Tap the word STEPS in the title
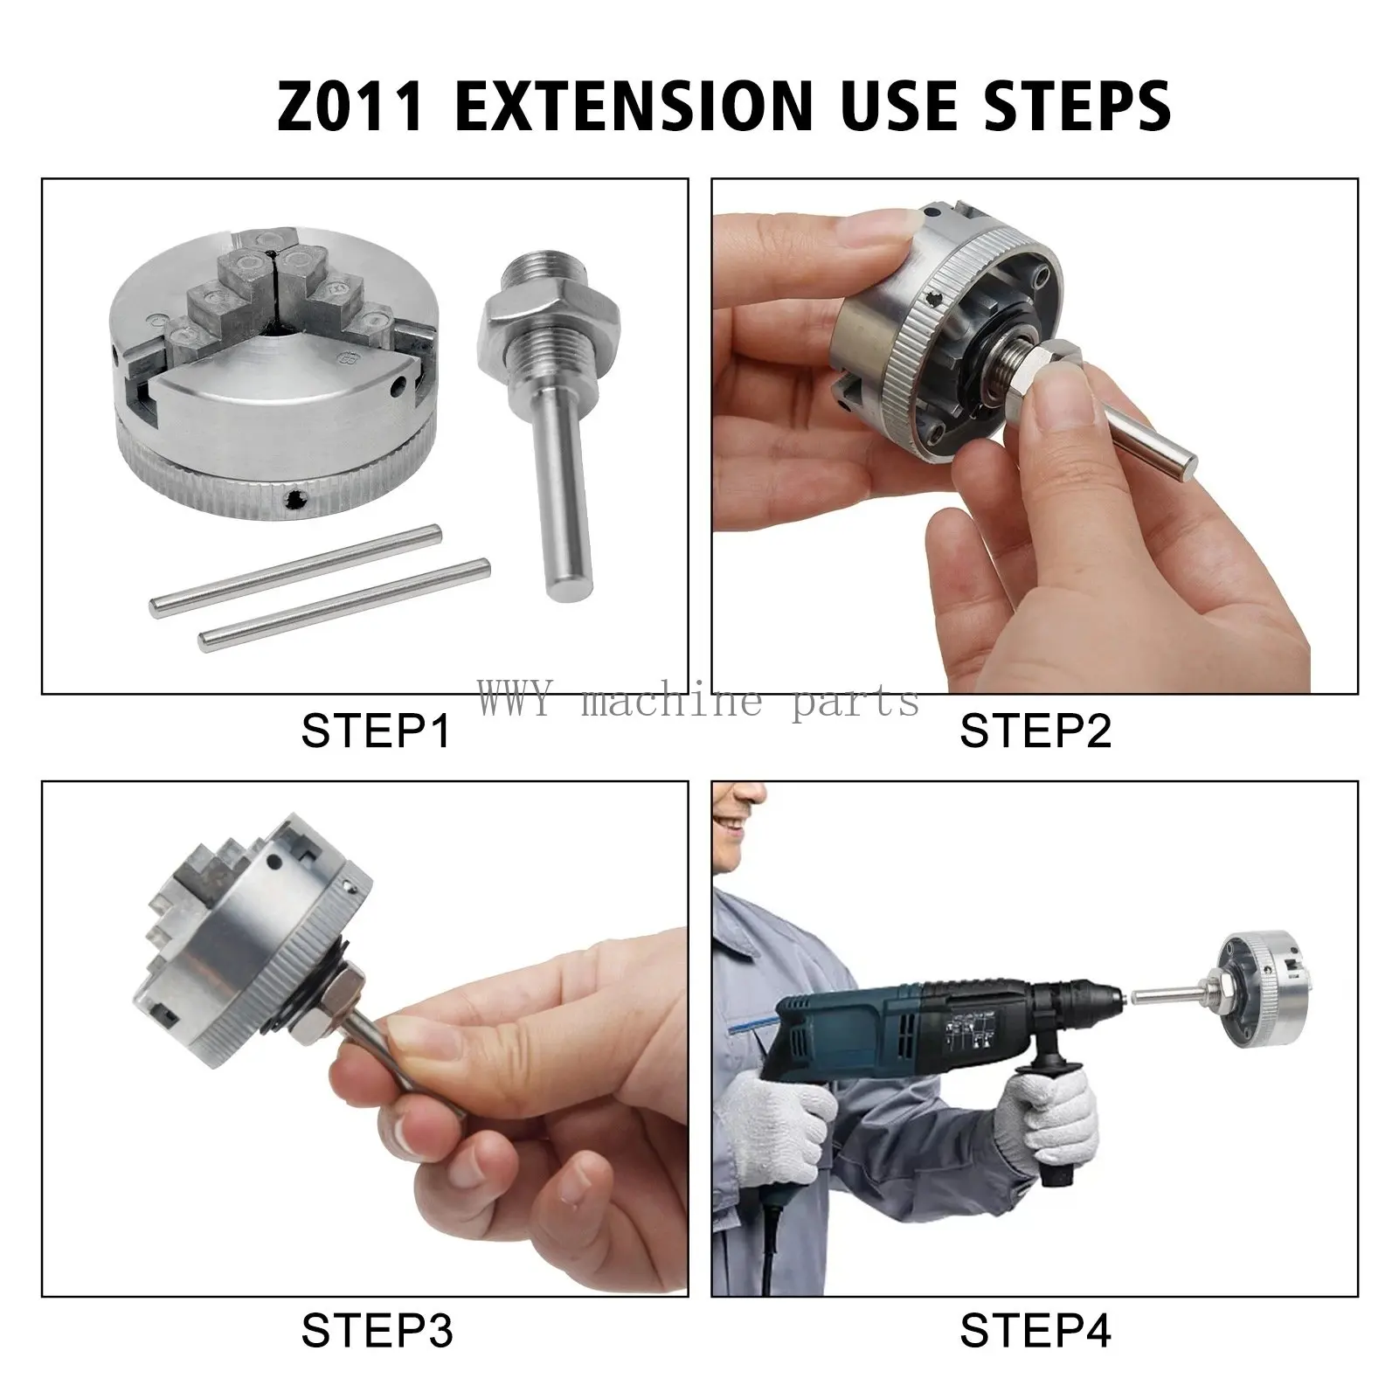tap(1061, 105)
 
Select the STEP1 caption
tap(376, 731)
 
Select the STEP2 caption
tap(1035, 731)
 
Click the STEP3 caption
tap(377, 1332)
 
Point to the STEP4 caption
tap(1035, 1332)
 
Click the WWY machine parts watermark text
tap(699, 700)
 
